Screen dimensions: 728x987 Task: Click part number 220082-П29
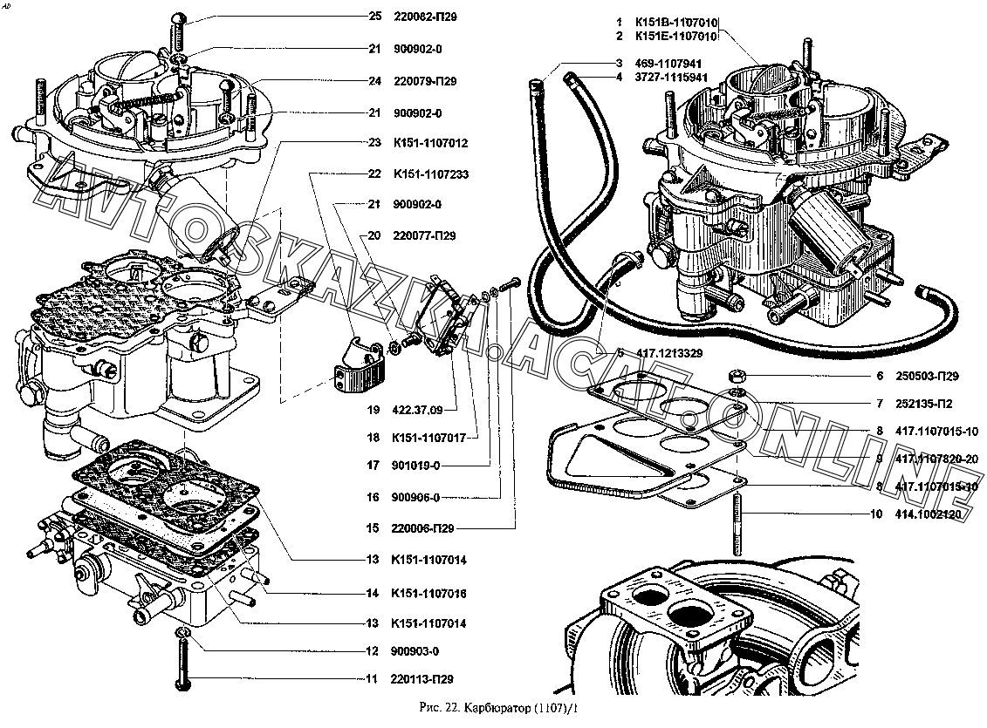pos(426,17)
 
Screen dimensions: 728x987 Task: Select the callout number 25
pos(375,17)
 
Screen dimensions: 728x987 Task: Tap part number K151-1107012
pos(430,142)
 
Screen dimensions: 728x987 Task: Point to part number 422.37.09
pos(418,410)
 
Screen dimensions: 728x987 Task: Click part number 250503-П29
pos(927,377)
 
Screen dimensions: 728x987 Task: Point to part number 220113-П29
pos(423,679)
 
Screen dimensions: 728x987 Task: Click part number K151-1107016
pos(430,594)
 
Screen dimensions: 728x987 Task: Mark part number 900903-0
pos(415,651)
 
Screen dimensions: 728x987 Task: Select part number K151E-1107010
pos(677,37)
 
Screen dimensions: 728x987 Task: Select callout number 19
pos(373,410)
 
